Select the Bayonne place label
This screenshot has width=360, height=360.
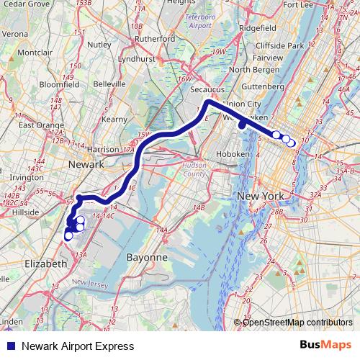(x=147, y=257)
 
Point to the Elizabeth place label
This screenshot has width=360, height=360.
(x=45, y=264)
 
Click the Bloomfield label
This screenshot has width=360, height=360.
(x=60, y=84)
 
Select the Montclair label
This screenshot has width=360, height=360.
(x=36, y=53)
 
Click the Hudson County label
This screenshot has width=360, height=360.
(x=194, y=169)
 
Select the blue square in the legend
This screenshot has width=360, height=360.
(x=9, y=345)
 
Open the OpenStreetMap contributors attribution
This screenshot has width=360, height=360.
(x=297, y=322)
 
